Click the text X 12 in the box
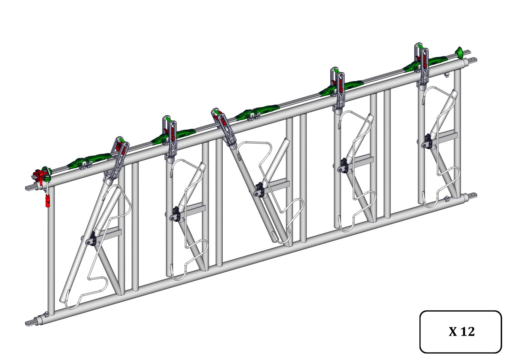(x=462, y=332)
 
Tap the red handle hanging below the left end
(x=47, y=201)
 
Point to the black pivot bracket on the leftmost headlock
(x=92, y=239)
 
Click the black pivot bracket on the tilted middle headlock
(x=259, y=190)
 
